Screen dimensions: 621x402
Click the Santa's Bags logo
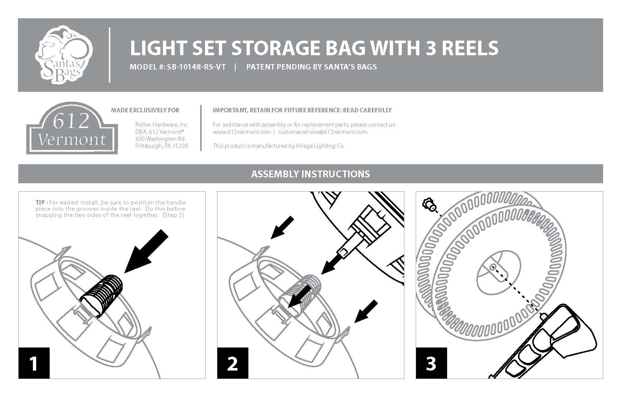(64, 55)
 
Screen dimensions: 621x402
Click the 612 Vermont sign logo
(72, 128)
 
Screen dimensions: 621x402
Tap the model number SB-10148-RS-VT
(196, 67)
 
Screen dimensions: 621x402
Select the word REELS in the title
(470, 48)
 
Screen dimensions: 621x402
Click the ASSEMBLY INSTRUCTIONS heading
(310, 174)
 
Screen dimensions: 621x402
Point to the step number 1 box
(34, 363)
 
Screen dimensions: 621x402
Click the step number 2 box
(233, 363)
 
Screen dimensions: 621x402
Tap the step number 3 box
(431, 363)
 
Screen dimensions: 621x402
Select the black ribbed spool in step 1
(102, 296)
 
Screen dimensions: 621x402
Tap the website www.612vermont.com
(242, 132)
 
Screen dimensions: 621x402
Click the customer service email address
(323, 132)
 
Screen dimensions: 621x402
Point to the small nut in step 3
(428, 204)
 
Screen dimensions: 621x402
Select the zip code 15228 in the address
(180, 146)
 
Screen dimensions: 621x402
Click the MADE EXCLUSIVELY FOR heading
(145, 110)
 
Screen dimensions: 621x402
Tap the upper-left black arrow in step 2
(282, 228)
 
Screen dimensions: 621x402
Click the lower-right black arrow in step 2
(366, 312)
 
